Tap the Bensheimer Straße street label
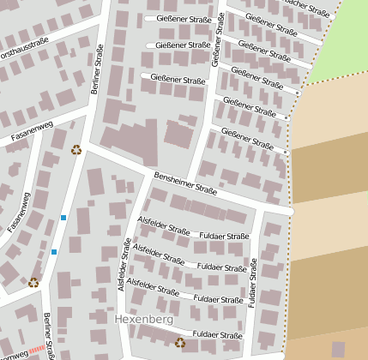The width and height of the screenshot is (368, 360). point(184,184)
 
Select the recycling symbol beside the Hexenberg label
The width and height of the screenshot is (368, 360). point(180,342)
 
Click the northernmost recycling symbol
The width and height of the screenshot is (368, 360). point(76,149)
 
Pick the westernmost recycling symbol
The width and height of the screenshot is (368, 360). point(33,282)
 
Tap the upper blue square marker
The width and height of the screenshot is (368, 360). point(63,218)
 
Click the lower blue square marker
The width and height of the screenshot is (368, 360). point(54,252)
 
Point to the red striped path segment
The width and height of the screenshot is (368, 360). point(35,350)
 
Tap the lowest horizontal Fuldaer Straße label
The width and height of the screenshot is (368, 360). point(218,334)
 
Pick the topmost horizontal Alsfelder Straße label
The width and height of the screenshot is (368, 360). point(162,230)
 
